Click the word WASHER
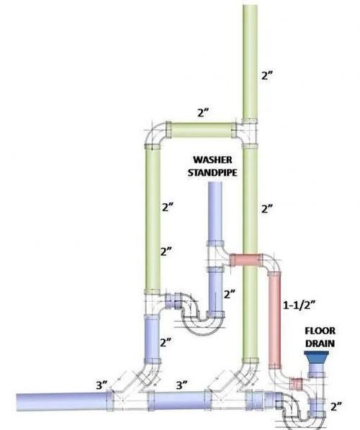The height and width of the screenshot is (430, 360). pyautogui.click(x=212, y=160)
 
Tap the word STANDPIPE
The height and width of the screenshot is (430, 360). pyautogui.click(x=212, y=173)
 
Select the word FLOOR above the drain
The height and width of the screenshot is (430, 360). pyautogui.click(x=320, y=331)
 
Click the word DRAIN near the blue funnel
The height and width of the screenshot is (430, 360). pyautogui.click(x=320, y=344)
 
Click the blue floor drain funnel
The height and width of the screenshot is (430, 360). pyautogui.click(x=317, y=357)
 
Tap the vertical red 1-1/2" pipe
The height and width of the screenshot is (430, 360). pyautogui.click(x=274, y=320)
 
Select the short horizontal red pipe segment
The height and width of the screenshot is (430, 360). pyautogui.click(x=246, y=260)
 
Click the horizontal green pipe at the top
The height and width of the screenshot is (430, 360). pyautogui.click(x=202, y=130)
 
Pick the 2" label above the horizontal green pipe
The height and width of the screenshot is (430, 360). pyautogui.click(x=203, y=112)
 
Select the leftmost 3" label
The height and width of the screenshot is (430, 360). pyautogui.click(x=102, y=385)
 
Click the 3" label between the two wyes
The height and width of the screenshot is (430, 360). pyautogui.click(x=182, y=385)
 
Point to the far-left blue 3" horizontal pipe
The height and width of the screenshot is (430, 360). pyautogui.click(x=62, y=402)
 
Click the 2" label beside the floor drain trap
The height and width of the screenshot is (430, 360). pyautogui.click(x=336, y=406)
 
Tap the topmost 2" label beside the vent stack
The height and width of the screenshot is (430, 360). pyautogui.click(x=267, y=75)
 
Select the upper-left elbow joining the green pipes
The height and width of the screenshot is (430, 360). pyautogui.click(x=155, y=135)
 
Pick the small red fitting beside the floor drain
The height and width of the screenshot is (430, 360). pyautogui.click(x=297, y=384)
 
